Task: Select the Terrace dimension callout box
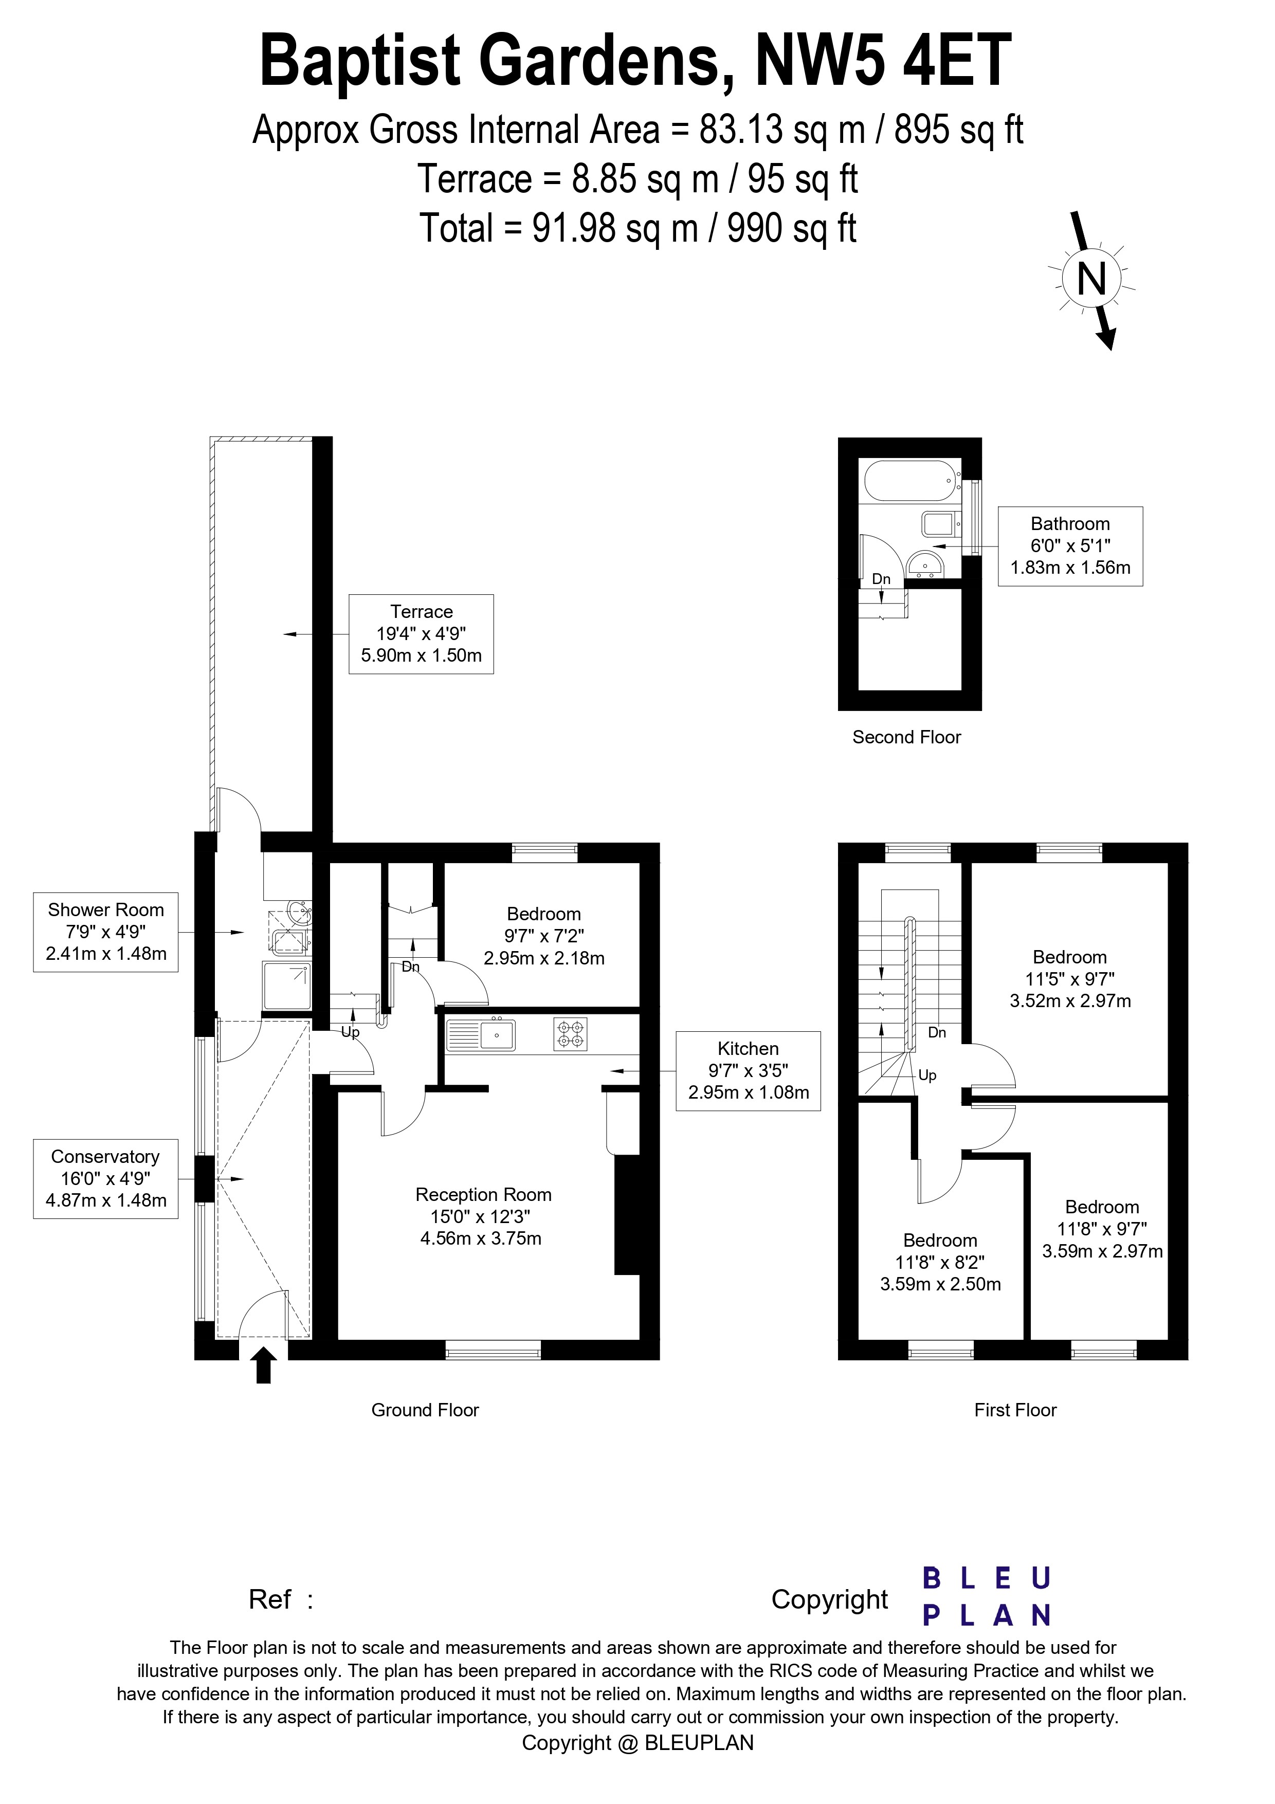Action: (x=421, y=633)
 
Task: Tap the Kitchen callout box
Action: (x=748, y=1070)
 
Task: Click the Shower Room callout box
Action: (x=105, y=932)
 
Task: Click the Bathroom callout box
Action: (x=1070, y=546)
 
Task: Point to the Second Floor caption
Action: (x=906, y=737)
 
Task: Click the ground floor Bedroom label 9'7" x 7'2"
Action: (x=543, y=936)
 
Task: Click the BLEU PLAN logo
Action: (x=987, y=1597)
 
